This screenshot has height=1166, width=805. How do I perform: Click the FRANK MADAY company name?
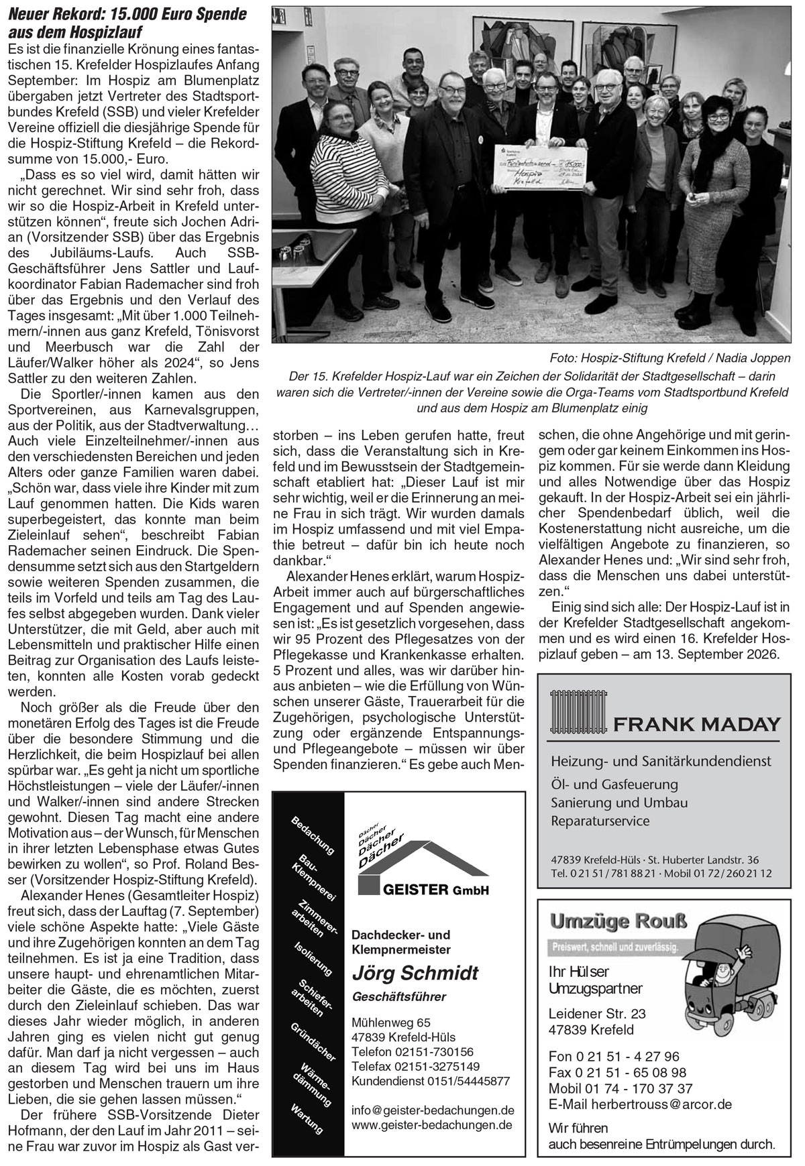pos(696,724)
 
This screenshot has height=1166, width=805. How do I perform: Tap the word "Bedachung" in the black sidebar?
pos(313,835)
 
